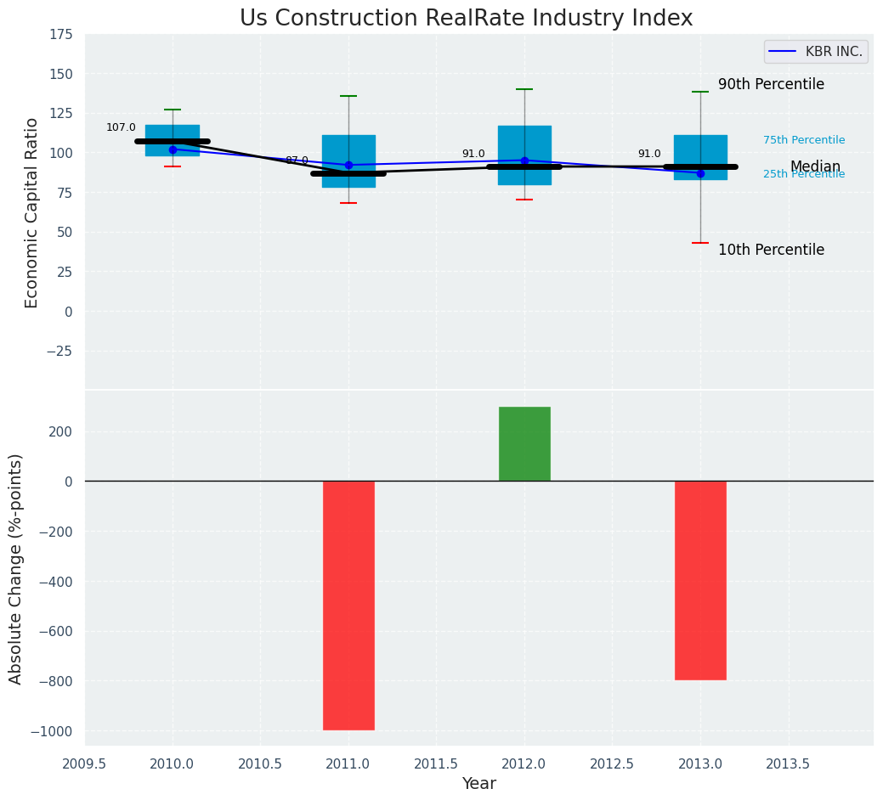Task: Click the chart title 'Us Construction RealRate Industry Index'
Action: (466, 19)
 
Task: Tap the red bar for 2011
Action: (348, 605)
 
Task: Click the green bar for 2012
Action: (524, 443)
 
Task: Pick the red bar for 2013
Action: (700, 580)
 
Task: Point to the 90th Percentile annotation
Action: (771, 85)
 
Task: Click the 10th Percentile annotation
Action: (771, 251)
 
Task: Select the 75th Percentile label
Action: (804, 140)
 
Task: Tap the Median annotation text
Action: (815, 167)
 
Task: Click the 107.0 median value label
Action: (121, 128)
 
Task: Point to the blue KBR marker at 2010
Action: (173, 149)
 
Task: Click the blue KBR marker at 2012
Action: (524, 161)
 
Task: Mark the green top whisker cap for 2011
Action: (348, 96)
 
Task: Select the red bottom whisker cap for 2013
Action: (700, 243)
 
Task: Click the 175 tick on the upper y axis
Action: (60, 35)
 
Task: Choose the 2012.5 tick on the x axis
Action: (612, 764)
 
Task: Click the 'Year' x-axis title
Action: (478, 784)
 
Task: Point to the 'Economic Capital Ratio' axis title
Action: (32, 212)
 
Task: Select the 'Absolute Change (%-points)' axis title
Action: (16, 568)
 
